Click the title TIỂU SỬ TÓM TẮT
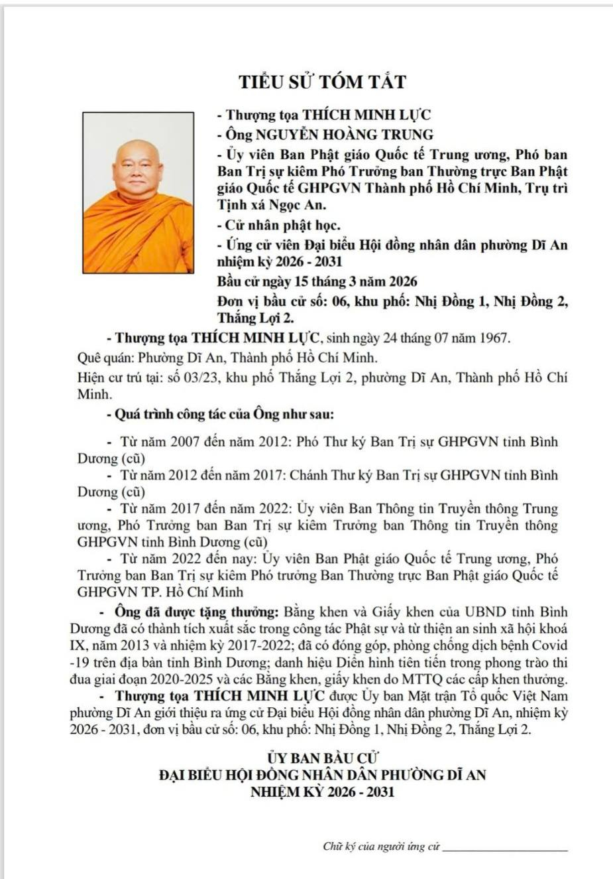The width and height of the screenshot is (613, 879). (322, 82)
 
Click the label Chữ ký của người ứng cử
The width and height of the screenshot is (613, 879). (381, 846)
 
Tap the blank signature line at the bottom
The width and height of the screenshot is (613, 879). (505, 849)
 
